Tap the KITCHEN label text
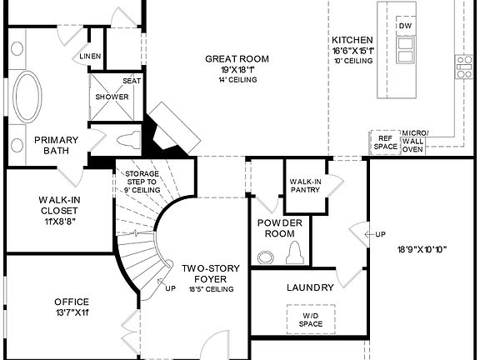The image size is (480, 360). click(352, 40)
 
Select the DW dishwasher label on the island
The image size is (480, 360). click(405, 26)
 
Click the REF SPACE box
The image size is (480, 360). click(385, 142)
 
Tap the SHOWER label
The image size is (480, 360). click(112, 97)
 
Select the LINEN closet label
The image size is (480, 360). click(90, 57)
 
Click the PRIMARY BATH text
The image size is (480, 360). click(56, 145)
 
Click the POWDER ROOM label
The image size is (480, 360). click(279, 228)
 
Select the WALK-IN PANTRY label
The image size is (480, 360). click(305, 185)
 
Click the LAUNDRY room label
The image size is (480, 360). click(310, 287)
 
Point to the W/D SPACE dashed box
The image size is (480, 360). click(310, 318)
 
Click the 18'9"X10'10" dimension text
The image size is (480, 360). click(417, 249)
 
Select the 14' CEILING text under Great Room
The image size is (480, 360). click(237, 79)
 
